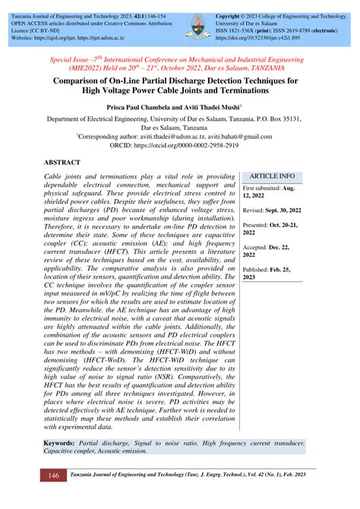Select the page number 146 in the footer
(53, 476)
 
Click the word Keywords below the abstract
(64, 441)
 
